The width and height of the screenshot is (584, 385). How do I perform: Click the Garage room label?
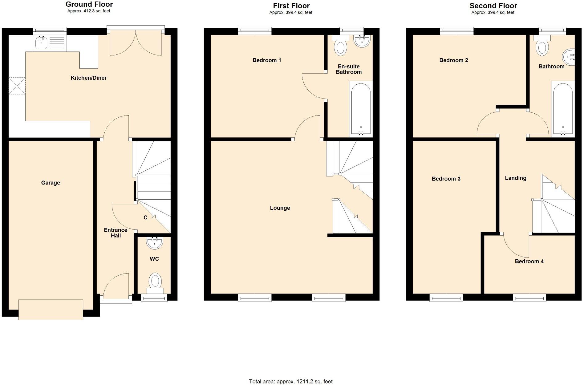pyautogui.click(x=51, y=183)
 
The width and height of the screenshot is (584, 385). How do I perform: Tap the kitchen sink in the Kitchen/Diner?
pyautogui.click(x=41, y=43)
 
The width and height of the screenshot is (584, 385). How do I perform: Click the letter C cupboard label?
pyautogui.click(x=145, y=217)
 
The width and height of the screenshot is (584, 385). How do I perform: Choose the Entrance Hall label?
pyautogui.click(x=116, y=233)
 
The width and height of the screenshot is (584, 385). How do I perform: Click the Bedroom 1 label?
pyautogui.click(x=267, y=60)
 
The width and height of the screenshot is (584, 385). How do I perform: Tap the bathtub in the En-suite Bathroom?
pyautogui.click(x=361, y=108)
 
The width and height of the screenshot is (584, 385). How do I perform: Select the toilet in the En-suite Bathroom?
pyautogui.click(x=340, y=47)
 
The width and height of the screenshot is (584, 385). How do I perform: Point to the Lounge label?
pyautogui.click(x=280, y=208)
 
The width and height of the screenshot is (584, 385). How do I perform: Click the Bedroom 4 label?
pyautogui.click(x=529, y=261)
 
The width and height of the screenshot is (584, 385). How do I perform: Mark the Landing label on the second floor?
pyautogui.click(x=515, y=178)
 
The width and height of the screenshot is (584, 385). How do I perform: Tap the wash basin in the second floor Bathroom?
pyautogui.click(x=569, y=57)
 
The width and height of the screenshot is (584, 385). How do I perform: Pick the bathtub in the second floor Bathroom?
pyautogui.click(x=563, y=108)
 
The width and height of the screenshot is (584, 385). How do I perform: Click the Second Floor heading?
pyautogui.click(x=493, y=6)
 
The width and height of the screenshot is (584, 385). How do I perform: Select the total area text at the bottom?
pyautogui.click(x=291, y=382)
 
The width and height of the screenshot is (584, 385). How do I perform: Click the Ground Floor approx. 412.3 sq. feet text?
pyautogui.click(x=89, y=11)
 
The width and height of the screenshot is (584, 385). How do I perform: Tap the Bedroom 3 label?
pyautogui.click(x=446, y=179)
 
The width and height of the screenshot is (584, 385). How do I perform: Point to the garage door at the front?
pyautogui.click(x=51, y=310)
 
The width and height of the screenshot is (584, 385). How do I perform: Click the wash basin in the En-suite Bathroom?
pyautogui.click(x=362, y=41)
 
